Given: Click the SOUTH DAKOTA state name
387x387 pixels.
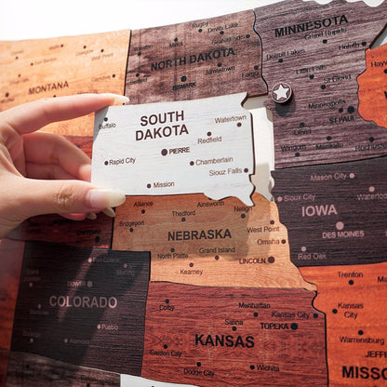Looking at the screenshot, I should (x=162, y=127).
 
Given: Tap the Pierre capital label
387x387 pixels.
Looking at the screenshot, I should (x=179, y=151).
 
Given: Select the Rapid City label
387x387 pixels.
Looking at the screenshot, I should (x=122, y=161).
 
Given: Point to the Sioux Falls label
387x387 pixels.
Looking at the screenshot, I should (x=225, y=172).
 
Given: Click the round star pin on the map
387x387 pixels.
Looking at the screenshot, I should (x=281, y=92).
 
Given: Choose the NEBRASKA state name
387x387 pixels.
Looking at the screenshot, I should (x=199, y=234).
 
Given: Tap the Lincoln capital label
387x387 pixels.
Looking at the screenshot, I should (x=252, y=260).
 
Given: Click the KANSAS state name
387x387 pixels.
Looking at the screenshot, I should (x=223, y=340).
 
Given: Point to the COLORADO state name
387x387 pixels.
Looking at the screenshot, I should (x=83, y=301).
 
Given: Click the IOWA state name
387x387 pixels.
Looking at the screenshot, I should (x=319, y=210).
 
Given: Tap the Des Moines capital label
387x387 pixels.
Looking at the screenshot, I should (x=343, y=234).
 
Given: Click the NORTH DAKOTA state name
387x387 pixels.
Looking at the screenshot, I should (x=193, y=65).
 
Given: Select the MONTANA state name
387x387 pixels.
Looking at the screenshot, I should (x=48, y=88).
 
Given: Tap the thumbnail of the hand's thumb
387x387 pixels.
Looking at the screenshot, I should (x=105, y=198).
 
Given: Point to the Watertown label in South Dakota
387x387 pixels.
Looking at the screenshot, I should (x=231, y=119).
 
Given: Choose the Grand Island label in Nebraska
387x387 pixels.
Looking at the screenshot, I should (x=217, y=250).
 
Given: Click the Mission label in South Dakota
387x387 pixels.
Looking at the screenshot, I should (x=163, y=184).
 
